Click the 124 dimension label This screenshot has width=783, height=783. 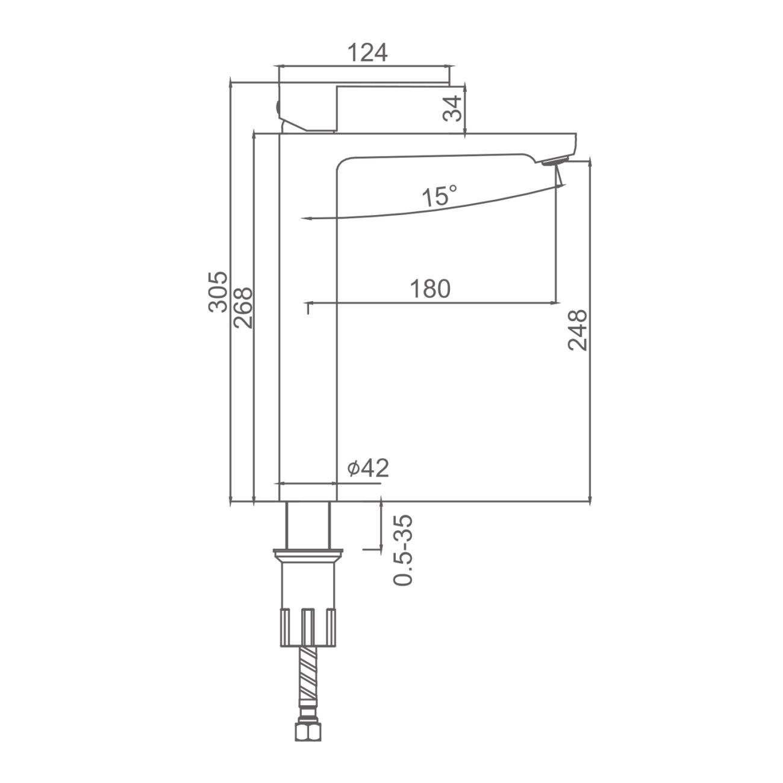point(368,53)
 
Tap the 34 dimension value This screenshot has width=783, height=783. point(452,108)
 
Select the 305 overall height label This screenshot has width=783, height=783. point(218,292)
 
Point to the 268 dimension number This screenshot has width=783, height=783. point(243,308)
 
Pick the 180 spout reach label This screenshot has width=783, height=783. point(430,289)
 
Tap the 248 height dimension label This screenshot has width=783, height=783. point(578,330)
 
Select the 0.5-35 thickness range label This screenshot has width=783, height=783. point(403,550)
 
